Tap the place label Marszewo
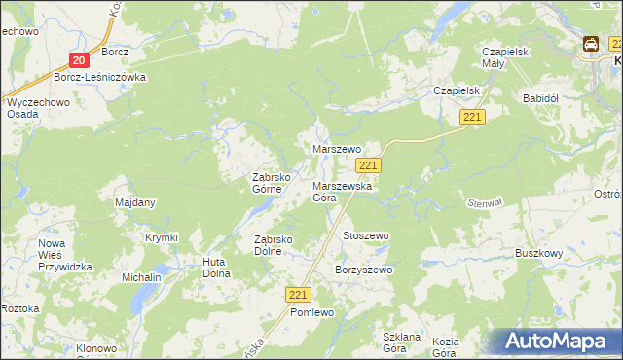pos(337,149)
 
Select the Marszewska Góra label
pos(337,191)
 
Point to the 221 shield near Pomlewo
pos(299,294)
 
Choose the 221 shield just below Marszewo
pos(382,166)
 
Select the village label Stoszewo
pos(366,235)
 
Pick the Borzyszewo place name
pos(363,270)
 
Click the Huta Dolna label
pos(215,267)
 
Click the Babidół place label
pos(539,98)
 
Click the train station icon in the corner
pos(591,44)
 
